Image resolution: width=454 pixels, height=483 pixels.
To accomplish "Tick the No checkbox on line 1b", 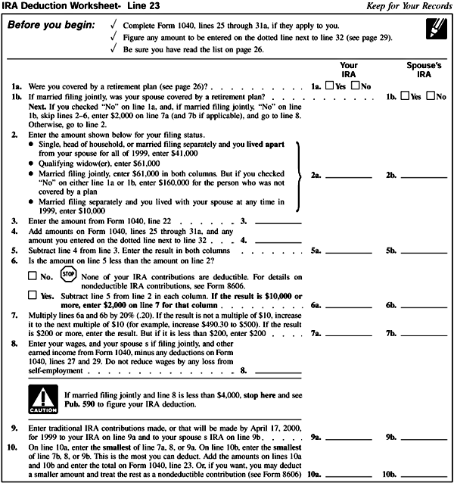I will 430,98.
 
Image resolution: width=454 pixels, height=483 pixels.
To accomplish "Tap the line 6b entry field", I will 424,304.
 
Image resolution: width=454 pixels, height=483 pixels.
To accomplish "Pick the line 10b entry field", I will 424,474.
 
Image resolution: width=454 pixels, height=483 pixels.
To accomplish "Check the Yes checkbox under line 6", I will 31,295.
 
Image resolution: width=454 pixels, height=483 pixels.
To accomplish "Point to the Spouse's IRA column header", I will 423,70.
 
